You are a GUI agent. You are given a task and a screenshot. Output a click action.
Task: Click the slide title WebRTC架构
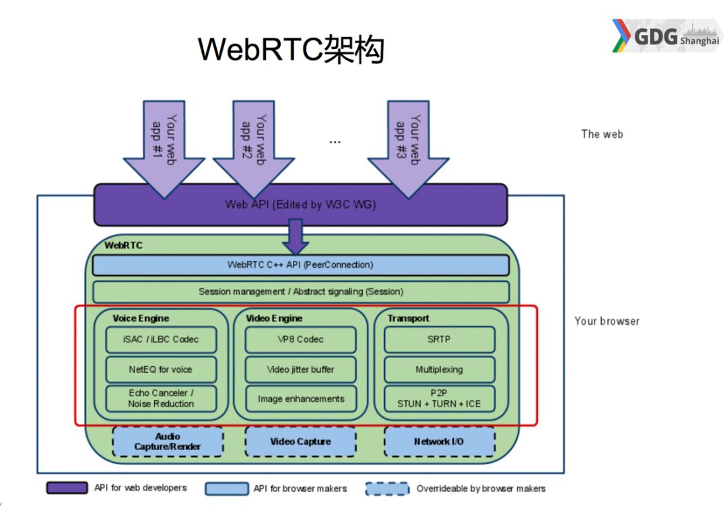pos(291,50)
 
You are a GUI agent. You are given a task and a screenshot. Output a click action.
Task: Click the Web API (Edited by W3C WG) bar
pos(300,205)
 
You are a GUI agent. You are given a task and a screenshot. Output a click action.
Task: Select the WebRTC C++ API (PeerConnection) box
pos(300,265)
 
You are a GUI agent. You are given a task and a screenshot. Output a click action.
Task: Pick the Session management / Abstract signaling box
pos(300,292)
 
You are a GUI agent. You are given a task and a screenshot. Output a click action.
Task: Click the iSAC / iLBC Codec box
pos(161,339)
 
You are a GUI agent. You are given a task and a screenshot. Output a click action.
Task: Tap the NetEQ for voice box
pos(161,369)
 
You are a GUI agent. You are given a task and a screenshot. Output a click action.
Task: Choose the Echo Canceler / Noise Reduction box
pos(161,398)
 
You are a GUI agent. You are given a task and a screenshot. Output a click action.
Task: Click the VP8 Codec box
pos(300,339)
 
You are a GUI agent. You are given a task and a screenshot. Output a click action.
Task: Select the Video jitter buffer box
pos(300,369)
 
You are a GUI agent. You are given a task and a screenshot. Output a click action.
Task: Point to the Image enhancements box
pos(300,398)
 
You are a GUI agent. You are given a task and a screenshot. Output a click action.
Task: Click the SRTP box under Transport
pos(439,339)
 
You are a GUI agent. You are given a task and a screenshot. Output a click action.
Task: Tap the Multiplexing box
pos(439,369)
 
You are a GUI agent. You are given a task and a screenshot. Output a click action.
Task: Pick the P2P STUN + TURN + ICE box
pos(439,398)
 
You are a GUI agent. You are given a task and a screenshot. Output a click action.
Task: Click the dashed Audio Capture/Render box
pos(168,441)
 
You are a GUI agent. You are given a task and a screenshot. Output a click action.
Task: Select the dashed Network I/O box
pos(439,441)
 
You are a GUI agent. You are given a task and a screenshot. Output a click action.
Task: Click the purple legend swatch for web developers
pos(67,488)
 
